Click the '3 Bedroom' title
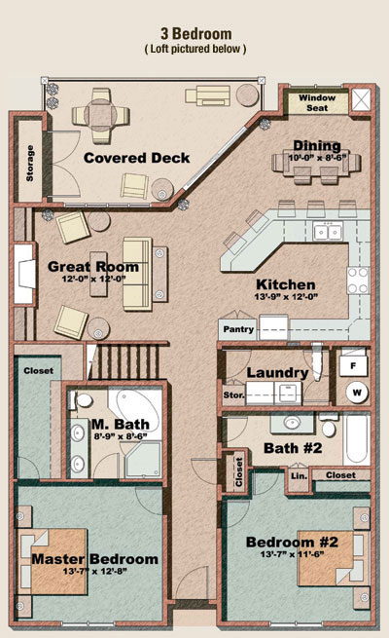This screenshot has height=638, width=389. coord(196,33)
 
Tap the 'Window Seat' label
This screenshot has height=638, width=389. coord(317,103)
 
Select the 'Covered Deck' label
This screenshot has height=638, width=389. coord(136,158)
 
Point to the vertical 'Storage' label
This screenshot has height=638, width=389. coord(29,164)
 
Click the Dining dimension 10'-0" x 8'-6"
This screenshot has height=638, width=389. coord(317,158)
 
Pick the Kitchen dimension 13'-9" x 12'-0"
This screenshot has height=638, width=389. coord(286,297)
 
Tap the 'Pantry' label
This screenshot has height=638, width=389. coord(238,329)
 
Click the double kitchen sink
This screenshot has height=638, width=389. coord(328,232)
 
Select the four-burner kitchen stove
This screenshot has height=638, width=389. coord(358,280)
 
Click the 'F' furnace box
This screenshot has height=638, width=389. coord(353,365)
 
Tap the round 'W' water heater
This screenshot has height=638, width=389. coord(357,393)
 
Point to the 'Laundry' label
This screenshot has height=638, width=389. coord(278,372)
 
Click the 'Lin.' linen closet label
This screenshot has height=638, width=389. coord(299,475)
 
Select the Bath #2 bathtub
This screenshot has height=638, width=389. coord(357,438)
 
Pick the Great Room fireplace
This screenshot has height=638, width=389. coord(24,274)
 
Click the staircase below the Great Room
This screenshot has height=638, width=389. coord(126,361)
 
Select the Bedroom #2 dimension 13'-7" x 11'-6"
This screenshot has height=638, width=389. coord(292,554)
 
